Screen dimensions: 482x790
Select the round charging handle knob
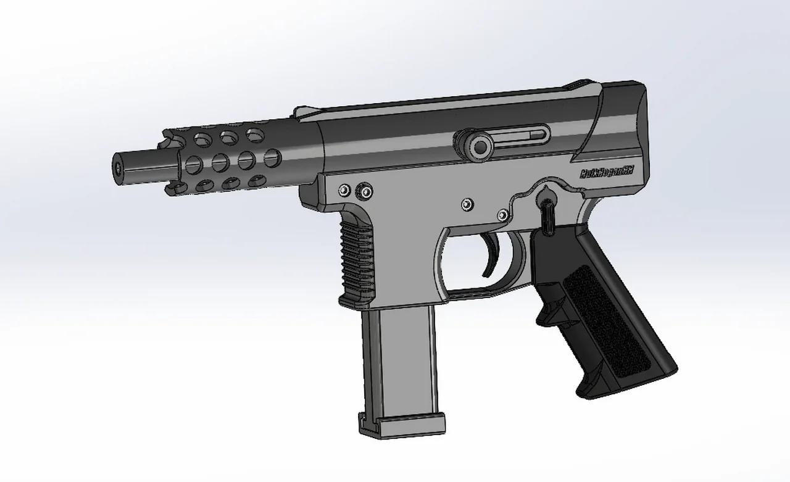pyautogui.click(x=478, y=146)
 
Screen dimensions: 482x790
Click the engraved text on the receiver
pyautogui.click(x=607, y=175)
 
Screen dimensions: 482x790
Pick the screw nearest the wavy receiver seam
pyautogui.click(x=503, y=214)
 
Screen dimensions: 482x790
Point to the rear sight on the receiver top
pyautogui.click(x=579, y=85)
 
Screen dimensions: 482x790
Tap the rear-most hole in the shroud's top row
pyautogui.click(x=254, y=133)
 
